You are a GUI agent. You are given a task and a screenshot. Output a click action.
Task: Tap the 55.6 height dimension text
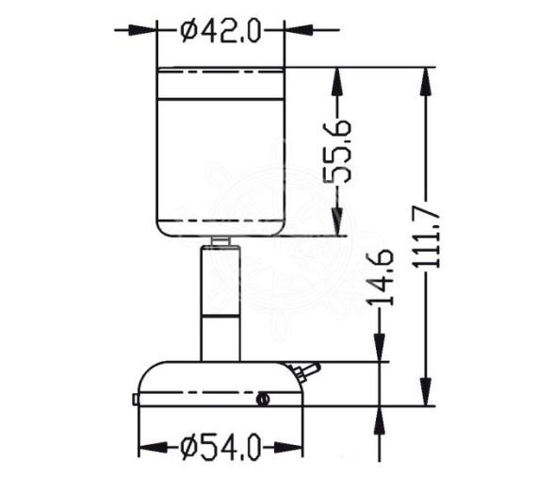click(x=340, y=151)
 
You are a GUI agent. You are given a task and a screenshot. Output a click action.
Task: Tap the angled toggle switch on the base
click(x=307, y=371)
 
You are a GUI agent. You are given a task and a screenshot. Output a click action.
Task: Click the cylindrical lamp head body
click(x=220, y=160)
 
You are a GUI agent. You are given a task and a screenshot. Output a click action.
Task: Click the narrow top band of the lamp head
click(x=220, y=83)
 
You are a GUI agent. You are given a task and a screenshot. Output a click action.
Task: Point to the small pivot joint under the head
click(x=220, y=241)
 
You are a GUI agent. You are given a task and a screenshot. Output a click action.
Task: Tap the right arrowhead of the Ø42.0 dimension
click(x=293, y=30)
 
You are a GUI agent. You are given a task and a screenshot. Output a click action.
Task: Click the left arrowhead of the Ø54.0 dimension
click(x=147, y=447)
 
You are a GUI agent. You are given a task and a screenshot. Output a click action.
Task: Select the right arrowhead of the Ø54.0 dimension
click(x=293, y=447)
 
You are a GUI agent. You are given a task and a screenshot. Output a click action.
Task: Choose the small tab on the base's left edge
click(x=136, y=400)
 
